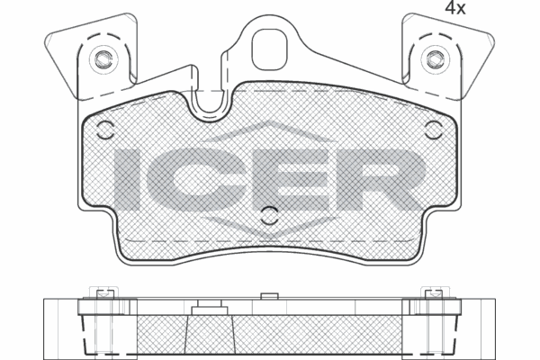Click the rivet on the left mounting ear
click(103, 60)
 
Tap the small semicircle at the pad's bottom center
click(269, 213)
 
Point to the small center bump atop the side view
click(268, 295)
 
